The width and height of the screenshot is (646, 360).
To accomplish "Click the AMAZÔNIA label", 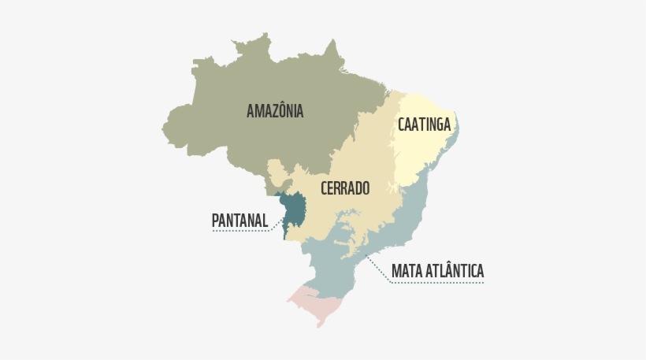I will click(275, 111).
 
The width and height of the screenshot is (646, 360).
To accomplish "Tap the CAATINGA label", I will click(424, 124).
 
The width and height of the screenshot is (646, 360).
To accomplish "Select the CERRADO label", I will click(345, 188).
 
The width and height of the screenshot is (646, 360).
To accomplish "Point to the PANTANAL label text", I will click(239, 221).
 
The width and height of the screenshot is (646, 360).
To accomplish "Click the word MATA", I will click(407, 271).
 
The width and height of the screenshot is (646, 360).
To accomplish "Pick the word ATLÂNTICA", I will click(455, 271).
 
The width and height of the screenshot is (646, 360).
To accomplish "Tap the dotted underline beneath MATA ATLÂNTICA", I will click(438, 283).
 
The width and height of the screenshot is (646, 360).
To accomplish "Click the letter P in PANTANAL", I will click(216, 221).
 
